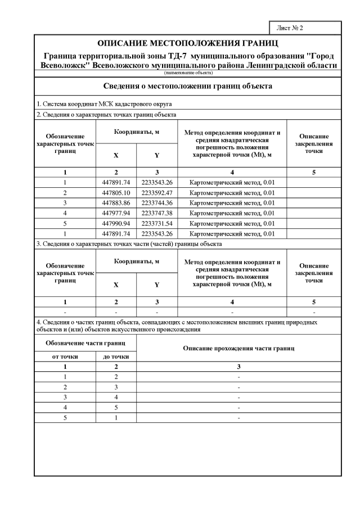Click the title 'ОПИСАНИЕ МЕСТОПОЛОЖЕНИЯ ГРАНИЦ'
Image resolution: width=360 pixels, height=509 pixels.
[188, 43]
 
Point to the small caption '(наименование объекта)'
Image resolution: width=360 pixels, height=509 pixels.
[188, 73]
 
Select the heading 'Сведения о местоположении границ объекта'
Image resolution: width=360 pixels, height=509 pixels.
[188, 87]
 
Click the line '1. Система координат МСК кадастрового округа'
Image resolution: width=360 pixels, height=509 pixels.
[104, 104]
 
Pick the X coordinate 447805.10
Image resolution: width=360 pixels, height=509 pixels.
[116, 192]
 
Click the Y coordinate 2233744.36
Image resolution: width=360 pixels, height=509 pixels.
[157, 202]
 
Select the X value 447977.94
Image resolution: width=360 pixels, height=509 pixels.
[116, 213]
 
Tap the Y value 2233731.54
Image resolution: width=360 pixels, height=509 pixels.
[157, 223]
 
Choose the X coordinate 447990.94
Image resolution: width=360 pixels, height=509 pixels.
[116, 223]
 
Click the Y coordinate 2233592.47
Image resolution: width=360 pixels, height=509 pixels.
[157, 192]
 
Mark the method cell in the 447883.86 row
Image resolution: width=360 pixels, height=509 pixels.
[232, 202]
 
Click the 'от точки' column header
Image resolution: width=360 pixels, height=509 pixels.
[65, 356]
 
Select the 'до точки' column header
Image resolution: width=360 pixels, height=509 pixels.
[116, 356]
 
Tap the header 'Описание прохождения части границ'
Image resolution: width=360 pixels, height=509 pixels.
[239, 349]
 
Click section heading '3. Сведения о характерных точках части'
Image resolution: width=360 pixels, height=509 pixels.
[129, 244]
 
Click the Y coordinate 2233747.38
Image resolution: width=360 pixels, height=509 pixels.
[157, 213]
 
